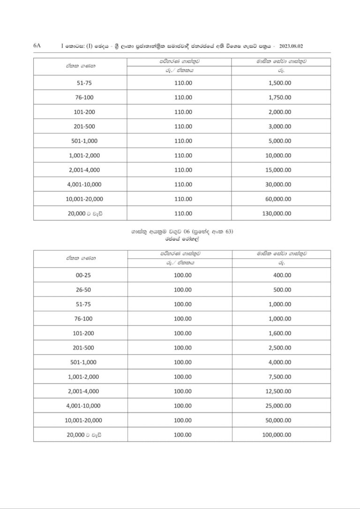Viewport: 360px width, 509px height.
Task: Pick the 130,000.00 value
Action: (277, 213)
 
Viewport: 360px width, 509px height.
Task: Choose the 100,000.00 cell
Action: (277, 434)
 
